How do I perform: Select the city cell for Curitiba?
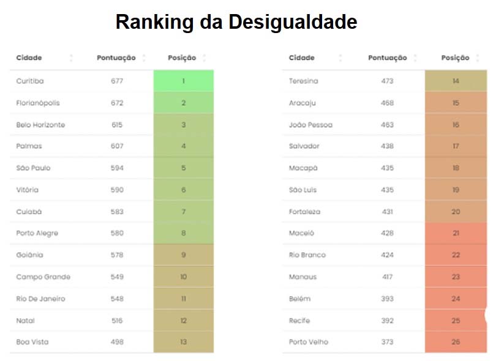tap(30, 81)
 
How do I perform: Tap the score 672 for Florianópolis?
tap(117, 103)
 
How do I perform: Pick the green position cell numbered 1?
tap(183, 81)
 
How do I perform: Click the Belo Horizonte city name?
tap(40, 125)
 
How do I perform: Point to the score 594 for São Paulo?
tap(117, 168)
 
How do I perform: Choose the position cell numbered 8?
tap(183, 233)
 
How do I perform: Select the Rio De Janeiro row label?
tap(40, 299)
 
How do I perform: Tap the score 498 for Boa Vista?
tap(117, 342)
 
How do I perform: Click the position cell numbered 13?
tap(183, 342)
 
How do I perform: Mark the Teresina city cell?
tap(303, 81)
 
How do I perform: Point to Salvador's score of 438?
tap(387, 146)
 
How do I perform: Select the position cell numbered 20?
tap(456, 212)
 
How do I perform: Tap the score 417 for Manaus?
tap(387, 277)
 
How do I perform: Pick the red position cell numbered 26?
tap(456, 342)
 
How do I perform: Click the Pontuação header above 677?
tap(116, 58)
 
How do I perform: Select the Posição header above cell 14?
tap(455, 58)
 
